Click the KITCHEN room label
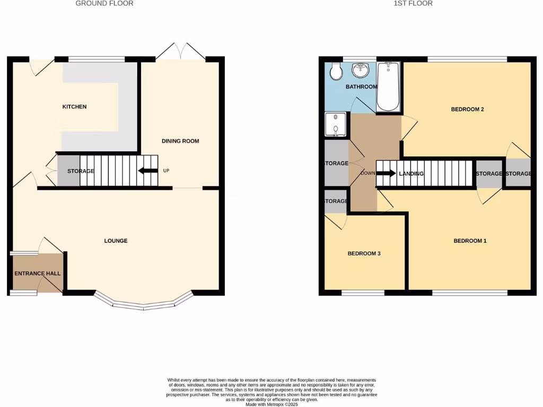point(74,107)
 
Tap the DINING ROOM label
point(180,141)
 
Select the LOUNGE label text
point(116,241)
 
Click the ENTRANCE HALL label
point(37,274)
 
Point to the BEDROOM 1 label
point(470,241)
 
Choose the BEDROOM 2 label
point(467,110)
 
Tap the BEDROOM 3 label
point(364,254)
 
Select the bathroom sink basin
point(361,69)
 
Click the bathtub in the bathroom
point(388,86)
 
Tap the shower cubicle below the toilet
point(335,125)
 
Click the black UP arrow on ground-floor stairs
point(148,171)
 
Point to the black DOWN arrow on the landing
point(386,173)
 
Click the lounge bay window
point(143,302)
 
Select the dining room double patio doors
point(181,52)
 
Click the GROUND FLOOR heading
point(104,4)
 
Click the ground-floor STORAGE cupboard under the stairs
point(68,171)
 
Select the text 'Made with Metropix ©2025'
point(271,404)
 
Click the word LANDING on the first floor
point(411,174)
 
